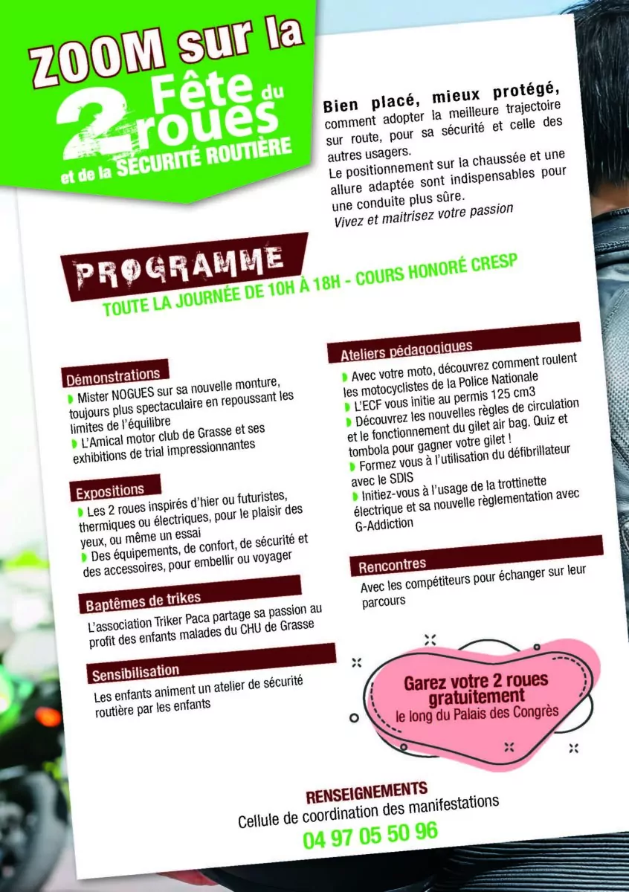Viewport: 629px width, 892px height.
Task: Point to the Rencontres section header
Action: click(393, 566)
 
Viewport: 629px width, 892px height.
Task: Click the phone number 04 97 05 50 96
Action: click(370, 834)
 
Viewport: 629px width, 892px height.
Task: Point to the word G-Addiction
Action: click(384, 524)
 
